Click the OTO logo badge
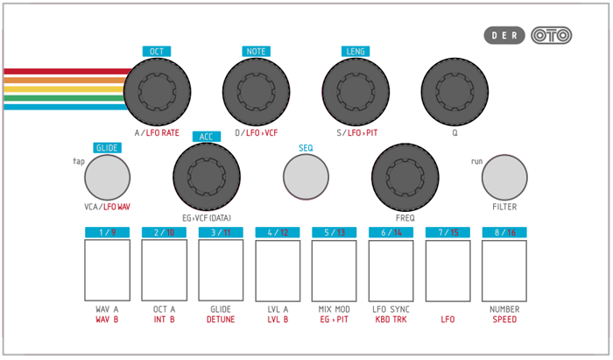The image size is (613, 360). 551,36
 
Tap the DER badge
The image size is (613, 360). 504,36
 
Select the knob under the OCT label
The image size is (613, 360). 157,92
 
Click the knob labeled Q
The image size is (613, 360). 454,92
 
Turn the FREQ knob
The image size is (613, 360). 405,177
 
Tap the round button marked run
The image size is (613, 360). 504,178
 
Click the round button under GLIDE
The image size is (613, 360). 107,178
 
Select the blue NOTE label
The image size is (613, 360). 256,52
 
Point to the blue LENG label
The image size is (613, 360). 356,52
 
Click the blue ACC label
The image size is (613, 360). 207,137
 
